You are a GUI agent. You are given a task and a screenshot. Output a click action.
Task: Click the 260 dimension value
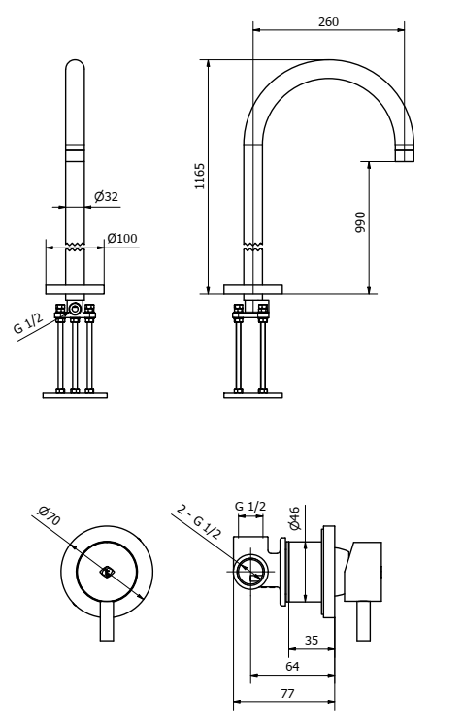[328, 21]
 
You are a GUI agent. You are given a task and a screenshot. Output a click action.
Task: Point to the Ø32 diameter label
[106, 197]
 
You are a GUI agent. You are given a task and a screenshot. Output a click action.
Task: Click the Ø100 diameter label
[121, 238]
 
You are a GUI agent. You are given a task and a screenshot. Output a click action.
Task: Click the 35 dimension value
[312, 642]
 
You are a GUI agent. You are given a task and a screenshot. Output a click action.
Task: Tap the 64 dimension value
[292, 668]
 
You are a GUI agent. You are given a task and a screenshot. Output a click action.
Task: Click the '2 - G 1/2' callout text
[199, 522]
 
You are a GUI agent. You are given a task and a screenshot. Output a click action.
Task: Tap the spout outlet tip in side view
[404, 154]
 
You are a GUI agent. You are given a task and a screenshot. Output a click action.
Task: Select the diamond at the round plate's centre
[108, 572]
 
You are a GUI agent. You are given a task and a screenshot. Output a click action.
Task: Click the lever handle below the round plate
[108, 621]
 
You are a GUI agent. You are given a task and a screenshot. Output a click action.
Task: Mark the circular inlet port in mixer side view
[250, 572]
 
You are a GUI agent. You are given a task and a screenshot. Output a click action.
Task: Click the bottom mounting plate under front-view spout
[75, 394]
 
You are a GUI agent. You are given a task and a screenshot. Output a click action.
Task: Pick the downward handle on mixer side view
[364, 620]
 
